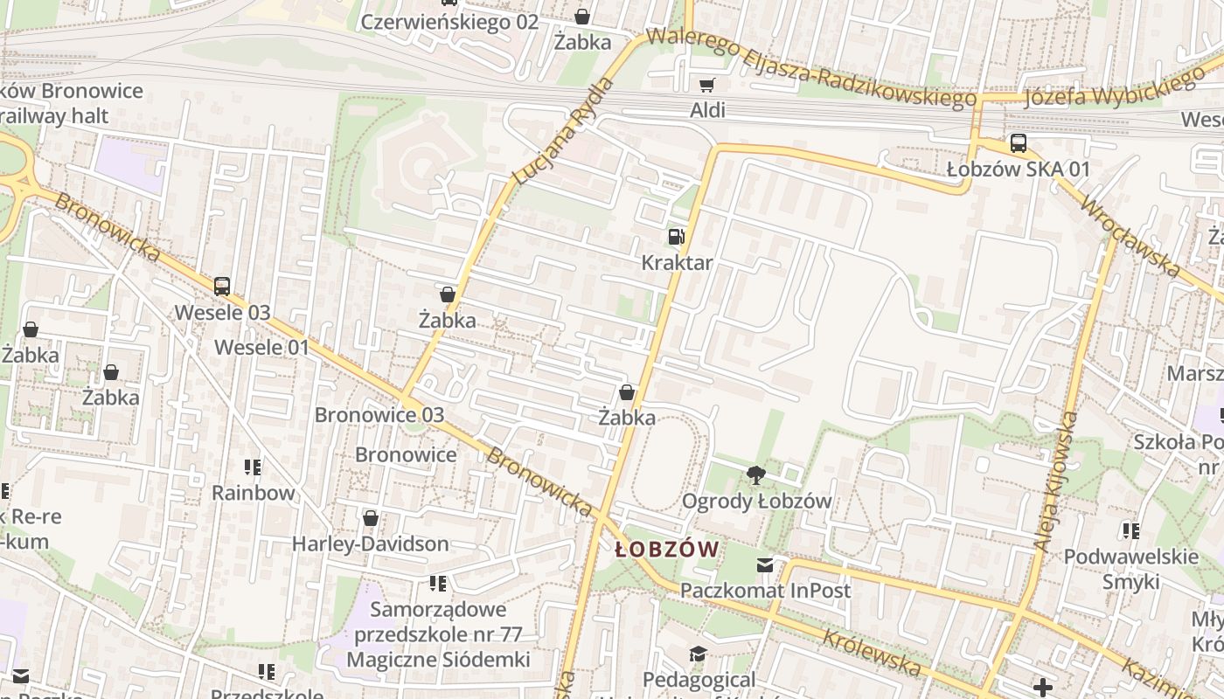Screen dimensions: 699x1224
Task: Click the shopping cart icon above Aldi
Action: click(x=706, y=85)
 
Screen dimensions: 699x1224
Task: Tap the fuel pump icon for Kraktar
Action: click(x=676, y=237)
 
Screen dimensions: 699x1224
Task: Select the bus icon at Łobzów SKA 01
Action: click(x=1018, y=144)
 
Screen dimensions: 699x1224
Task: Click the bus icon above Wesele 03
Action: click(x=222, y=287)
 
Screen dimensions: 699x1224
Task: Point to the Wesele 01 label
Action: click(x=262, y=348)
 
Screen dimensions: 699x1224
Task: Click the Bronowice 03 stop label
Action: click(x=379, y=415)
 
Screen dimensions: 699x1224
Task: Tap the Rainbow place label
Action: click(x=254, y=493)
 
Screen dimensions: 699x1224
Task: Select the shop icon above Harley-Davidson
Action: click(x=371, y=518)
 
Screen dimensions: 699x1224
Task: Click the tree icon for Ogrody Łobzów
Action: click(x=756, y=476)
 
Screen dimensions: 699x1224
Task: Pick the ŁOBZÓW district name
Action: click(x=667, y=550)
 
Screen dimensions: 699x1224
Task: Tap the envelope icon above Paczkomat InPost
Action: click(x=766, y=565)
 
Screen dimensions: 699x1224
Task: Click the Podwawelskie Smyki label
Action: click(x=1130, y=569)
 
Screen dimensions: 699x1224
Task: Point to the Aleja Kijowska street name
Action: click(x=1055, y=481)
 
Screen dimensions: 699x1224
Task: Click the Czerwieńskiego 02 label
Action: click(x=449, y=23)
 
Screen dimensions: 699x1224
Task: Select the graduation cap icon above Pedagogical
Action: click(x=697, y=654)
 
